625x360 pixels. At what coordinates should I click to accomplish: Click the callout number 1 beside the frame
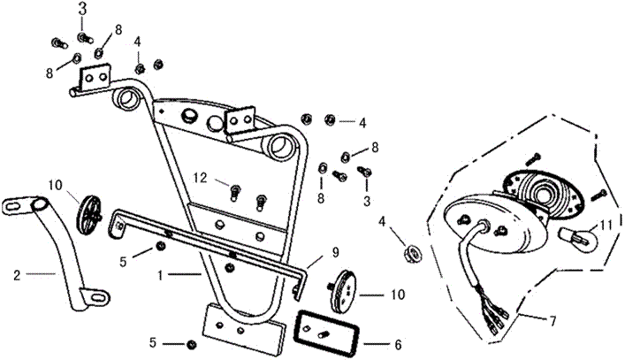tap(159, 275)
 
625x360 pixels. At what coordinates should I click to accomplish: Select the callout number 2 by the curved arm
tap(17, 274)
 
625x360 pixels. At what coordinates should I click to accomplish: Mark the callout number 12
tap(201, 178)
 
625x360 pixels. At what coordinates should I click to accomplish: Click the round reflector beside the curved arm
tap(92, 213)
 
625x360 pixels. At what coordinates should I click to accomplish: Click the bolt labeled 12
tap(234, 188)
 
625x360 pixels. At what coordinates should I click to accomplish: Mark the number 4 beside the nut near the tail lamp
tap(382, 220)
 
